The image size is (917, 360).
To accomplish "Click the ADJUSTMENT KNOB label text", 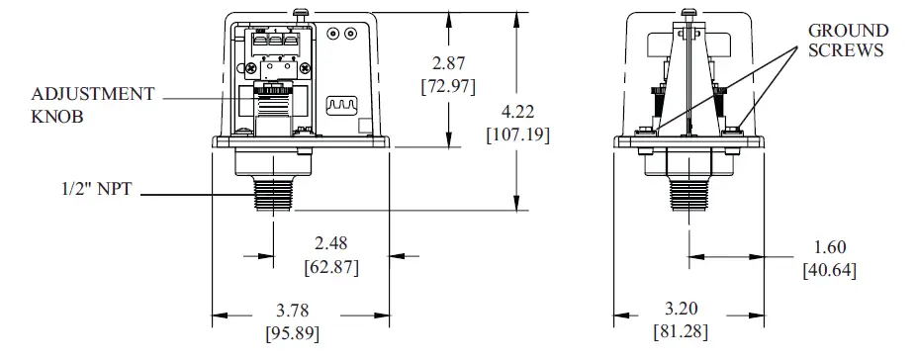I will point(93,104).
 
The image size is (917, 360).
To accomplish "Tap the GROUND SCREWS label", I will point(848,41).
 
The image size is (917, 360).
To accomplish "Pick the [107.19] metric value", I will point(517,134).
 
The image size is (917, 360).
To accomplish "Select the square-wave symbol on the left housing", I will point(338,105).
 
